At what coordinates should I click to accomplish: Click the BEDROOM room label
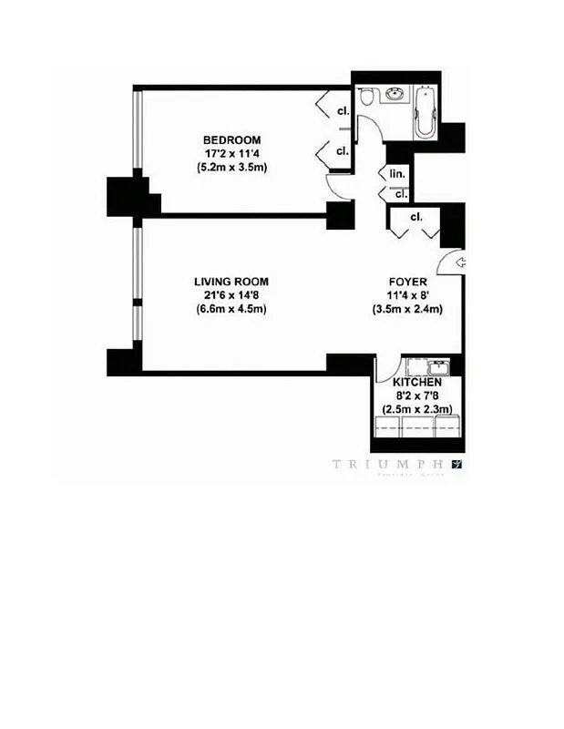click(231, 139)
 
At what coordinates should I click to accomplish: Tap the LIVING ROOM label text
click(231, 282)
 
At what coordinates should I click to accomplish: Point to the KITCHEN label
click(417, 383)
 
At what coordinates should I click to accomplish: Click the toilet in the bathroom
click(366, 98)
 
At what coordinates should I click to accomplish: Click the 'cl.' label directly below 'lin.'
click(400, 193)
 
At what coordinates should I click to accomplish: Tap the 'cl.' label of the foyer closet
click(415, 217)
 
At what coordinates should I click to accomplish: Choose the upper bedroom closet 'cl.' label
click(342, 111)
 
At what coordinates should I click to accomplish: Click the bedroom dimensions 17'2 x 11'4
click(231, 153)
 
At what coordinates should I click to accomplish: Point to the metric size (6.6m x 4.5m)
click(231, 309)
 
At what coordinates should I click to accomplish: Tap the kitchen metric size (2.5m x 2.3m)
click(417, 410)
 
